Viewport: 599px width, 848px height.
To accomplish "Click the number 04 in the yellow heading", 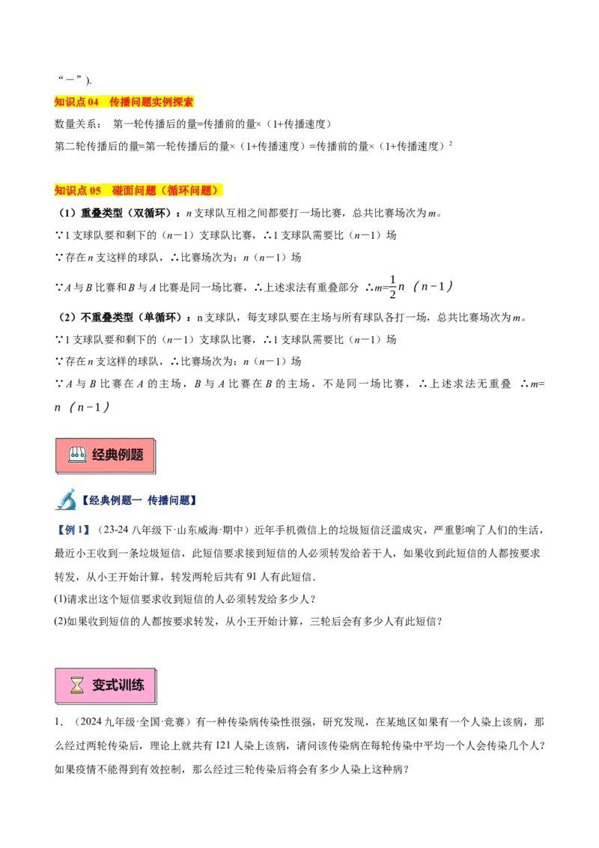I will click(93, 102).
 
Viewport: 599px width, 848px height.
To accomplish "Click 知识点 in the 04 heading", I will click(70, 102).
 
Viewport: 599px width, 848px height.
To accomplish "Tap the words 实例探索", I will click(173, 102).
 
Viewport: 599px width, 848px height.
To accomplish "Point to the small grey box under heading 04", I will click(93, 111).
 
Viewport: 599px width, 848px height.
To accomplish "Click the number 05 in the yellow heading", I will click(95, 191).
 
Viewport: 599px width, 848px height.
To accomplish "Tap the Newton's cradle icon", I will click(77, 455).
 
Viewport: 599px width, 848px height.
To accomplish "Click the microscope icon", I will click(66, 500).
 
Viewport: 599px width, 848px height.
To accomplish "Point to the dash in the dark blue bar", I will click(142, 500).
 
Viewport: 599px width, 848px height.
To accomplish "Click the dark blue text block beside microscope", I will click(171, 500).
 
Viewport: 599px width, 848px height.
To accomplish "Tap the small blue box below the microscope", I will click(72, 530).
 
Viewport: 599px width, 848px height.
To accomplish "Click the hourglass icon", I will click(77, 685).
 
